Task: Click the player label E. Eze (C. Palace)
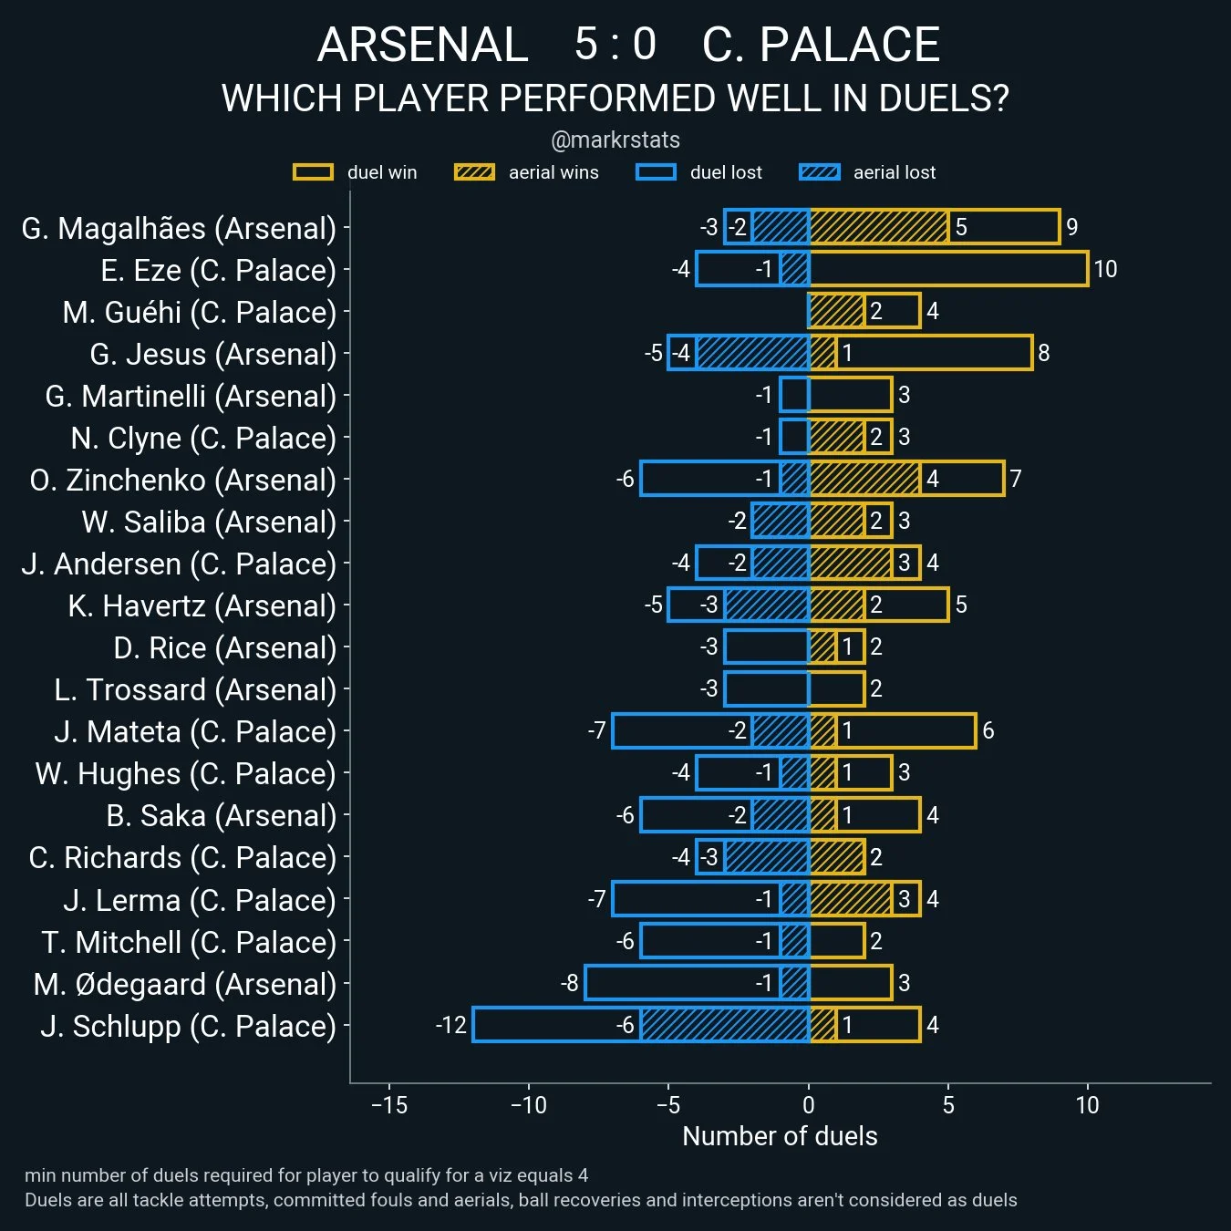coord(218,271)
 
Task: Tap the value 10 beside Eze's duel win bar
coord(1105,269)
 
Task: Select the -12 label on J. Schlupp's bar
coord(451,1025)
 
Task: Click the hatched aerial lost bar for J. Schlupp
coord(725,1025)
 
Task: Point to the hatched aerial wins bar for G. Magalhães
coord(879,227)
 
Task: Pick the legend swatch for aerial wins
coord(474,172)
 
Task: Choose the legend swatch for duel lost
coord(656,172)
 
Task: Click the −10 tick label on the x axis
coord(528,1105)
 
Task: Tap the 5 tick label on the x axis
coord(948,1105)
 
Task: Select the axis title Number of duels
coord(780,1136)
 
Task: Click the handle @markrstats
coord(615,140)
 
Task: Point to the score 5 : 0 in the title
coord(615,44)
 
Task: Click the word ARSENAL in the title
coord(423,45)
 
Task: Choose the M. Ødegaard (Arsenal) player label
coord(185,985)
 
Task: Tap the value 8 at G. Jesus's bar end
coord(1044,353)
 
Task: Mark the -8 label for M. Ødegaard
coord(570,983)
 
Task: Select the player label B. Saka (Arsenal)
coord(222,816)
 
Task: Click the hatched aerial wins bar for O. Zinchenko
coord(864,479)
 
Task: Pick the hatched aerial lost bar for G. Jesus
coord(753,353)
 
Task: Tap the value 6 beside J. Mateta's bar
coord(988,730)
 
